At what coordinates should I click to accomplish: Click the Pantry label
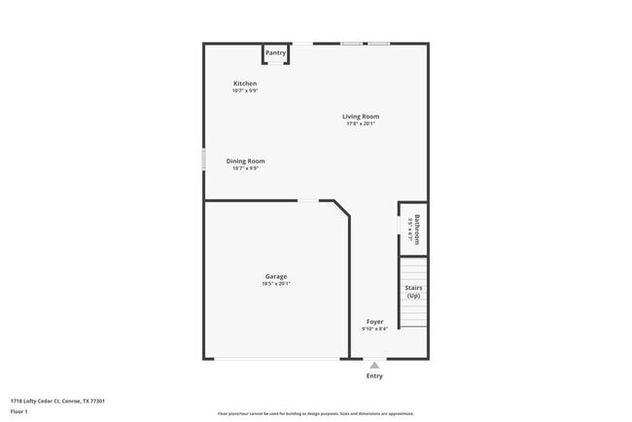click(275, 53)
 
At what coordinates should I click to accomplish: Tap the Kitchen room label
click(245, 84)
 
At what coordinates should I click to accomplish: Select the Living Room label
click(360, 117)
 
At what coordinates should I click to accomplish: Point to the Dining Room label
click(245, 161)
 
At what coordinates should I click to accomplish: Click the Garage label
click(276, 276)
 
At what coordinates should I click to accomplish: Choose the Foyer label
click(374, 321)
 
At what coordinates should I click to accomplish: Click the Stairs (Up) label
click(413, 291)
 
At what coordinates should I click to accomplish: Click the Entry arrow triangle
click(374, 366)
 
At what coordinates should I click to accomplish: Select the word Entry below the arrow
click(374, 376)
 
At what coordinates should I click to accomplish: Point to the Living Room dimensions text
click(360, 123)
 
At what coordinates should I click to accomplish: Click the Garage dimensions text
click(276, 284)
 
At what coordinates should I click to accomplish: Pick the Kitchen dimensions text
click(245, 91)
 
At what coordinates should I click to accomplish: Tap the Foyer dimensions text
click(374, 329)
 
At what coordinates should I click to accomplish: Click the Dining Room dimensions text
click(245, 168)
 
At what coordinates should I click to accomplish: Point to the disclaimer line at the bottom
click(315, 413)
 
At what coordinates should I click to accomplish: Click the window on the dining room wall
click(203, 159)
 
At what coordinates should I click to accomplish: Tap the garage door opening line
click(277, 359)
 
